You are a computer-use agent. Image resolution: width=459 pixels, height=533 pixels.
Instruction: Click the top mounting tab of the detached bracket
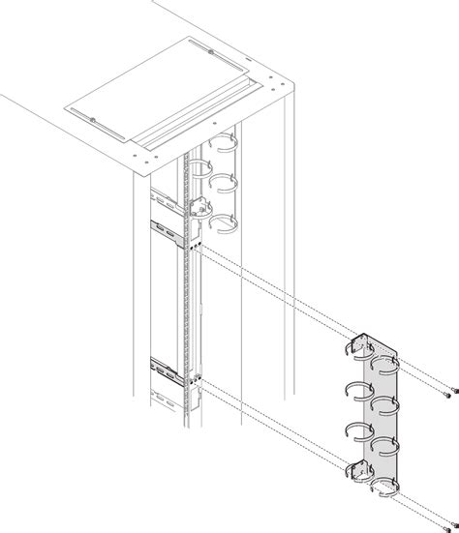pos(360,345)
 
